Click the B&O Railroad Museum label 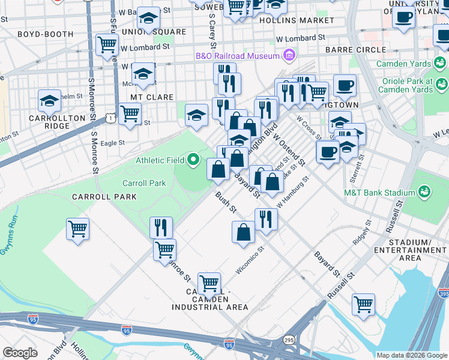click(x=238, y=56)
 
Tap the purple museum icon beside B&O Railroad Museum click(x=289, y=56)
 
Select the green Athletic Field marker click(x=193, y=160)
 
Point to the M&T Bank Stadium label click(x=379, y=193)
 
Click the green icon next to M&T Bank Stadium click(x=424, y=191)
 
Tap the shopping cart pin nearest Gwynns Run click(x=78, y=229)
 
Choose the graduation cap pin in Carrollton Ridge click(x=50, y=100)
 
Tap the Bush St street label click(x=226, y=203)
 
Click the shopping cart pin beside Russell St click(x=363, y=304)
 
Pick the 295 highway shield click(x=289, y=339)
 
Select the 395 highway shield click(x=444, y=294)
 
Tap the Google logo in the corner click(x=20, y=353)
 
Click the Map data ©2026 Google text click(x=412, y=355)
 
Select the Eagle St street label click(x=112, y=143)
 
